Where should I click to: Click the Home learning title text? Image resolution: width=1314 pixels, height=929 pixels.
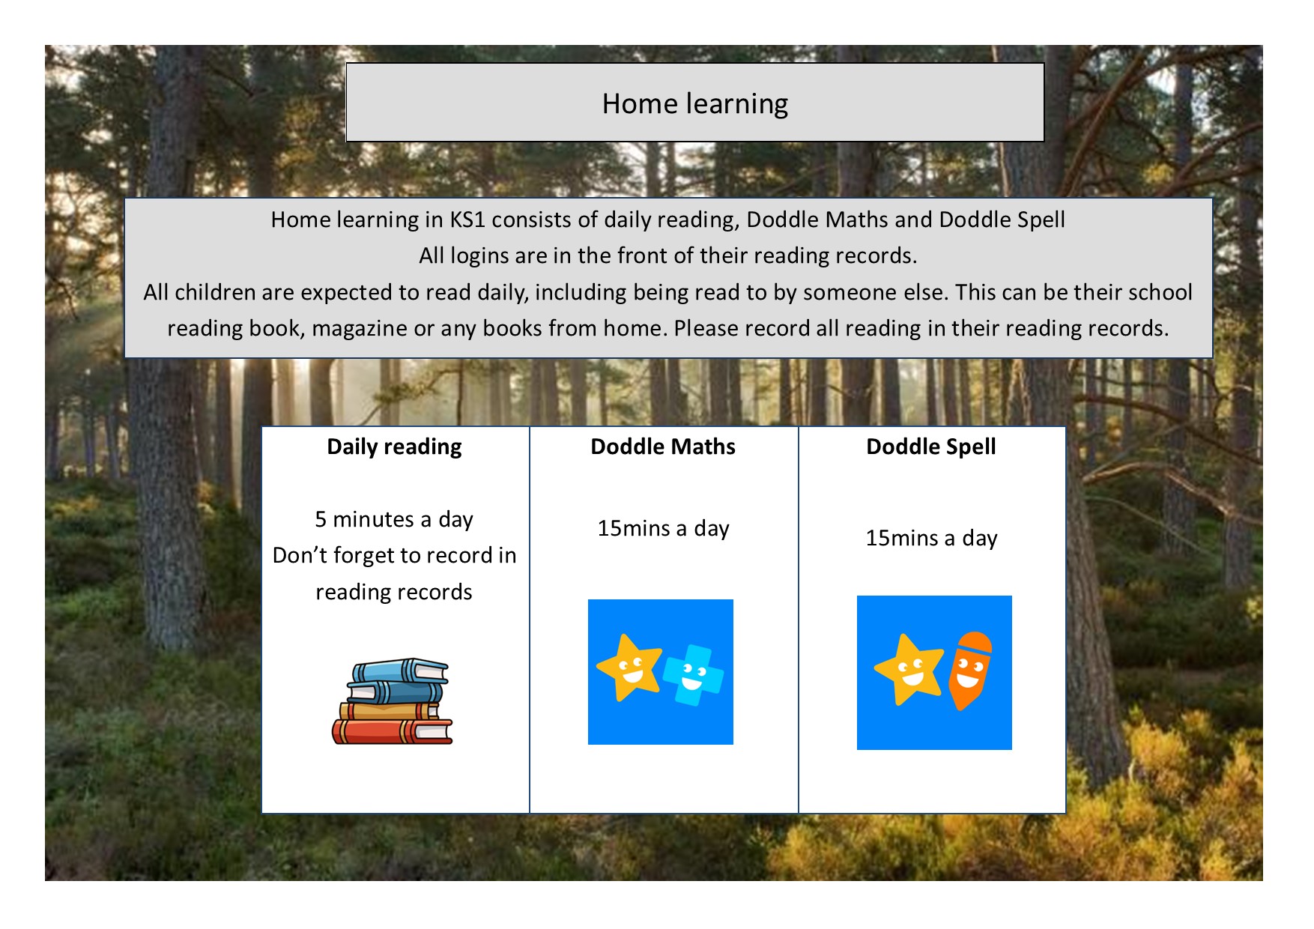pos(694,103)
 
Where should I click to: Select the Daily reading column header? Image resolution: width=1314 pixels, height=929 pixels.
pos(394,447)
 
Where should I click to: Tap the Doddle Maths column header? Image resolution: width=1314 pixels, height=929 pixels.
pos(663,447)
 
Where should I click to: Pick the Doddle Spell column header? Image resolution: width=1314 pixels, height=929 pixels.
pos(931,447)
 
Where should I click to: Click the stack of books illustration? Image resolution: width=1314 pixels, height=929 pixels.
pos(392,701)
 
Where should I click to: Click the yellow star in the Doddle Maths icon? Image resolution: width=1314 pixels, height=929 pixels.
pos(629,666)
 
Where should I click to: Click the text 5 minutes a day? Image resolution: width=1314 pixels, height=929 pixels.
pos(394,519)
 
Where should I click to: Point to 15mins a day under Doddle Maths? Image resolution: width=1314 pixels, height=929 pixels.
pos(663,528)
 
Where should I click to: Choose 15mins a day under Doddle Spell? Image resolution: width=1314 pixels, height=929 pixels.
pos(931,538)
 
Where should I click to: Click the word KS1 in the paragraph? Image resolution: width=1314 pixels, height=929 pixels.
pos(467,220)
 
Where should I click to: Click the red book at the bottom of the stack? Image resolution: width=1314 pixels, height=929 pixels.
pos(392,732)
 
